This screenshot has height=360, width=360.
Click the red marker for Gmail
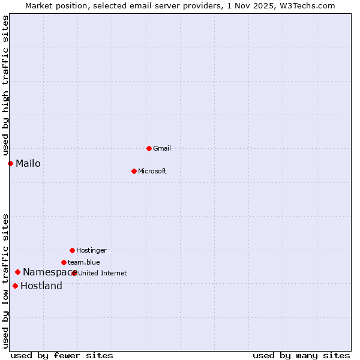tap(149, 148)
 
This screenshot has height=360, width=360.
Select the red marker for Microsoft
tap(134, 171)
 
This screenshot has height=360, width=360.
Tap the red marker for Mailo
tap(10, 163)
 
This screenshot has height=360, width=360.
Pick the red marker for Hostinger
tap(72, 250)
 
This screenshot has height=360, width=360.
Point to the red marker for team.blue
tap(64, 262)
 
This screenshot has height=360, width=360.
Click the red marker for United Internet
tap(74, 273)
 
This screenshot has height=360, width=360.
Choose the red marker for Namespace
tap(17, 272)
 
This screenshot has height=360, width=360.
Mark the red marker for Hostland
tap(15, 286)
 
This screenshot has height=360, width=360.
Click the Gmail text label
tap(162, 148)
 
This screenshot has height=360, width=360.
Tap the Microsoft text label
tap(152, 171)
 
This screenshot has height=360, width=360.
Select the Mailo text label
tap(28, 163)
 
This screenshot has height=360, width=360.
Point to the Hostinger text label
tap(91, 250)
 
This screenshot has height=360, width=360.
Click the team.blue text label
tap(84, 262)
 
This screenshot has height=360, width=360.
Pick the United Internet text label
tap(103, 273)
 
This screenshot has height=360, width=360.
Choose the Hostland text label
tap(41, 286)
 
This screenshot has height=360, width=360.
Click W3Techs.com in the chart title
tap(305, 5)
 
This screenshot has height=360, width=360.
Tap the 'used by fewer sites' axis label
tap(62, 355)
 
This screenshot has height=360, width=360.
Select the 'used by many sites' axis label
tap(301, 355)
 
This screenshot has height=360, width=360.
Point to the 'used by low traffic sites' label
tap(5, 281)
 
